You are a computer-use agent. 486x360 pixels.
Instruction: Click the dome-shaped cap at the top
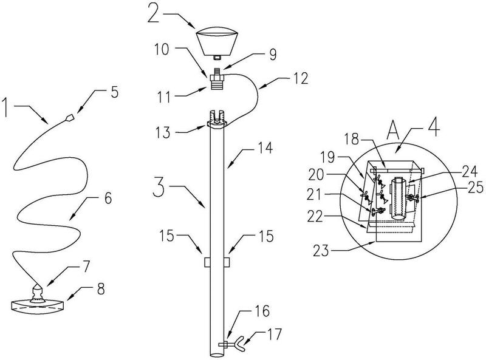point(217,40)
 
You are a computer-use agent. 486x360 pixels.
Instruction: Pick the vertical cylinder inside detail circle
point(399,198)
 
